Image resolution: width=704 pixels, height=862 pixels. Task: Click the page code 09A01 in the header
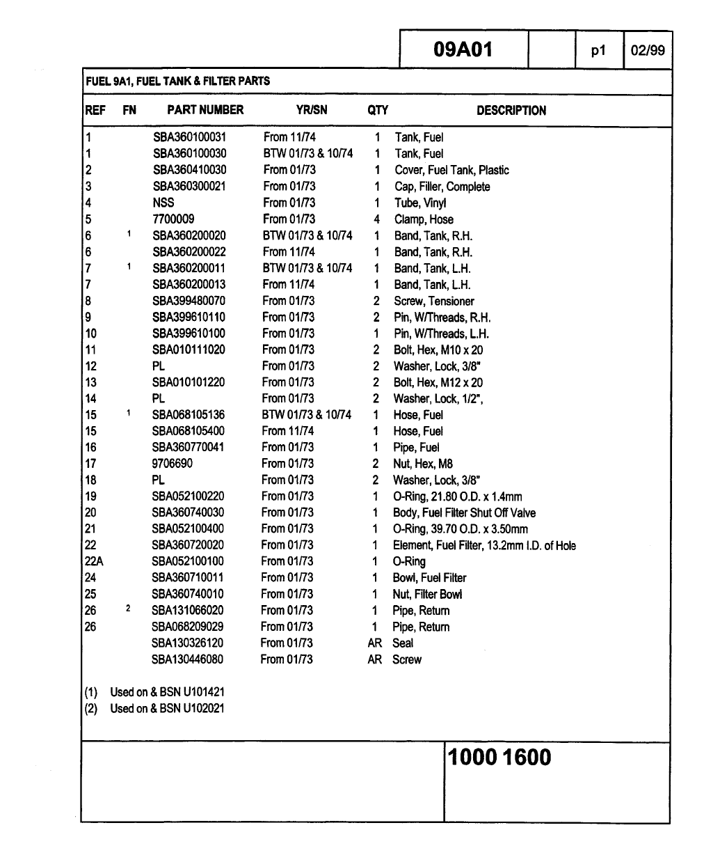coord(463,49)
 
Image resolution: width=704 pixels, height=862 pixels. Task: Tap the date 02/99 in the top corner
coord(647,50)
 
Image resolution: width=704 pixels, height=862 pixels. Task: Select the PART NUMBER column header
coord(205,110)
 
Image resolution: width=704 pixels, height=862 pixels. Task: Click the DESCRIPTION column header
coord(511,111)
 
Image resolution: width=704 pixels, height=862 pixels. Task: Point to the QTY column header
coord(378,110)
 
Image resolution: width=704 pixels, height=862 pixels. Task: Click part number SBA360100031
coord(189,137)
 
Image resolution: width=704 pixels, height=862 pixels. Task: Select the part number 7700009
coord(173,219)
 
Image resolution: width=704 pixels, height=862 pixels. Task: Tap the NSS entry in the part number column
coord(163,203)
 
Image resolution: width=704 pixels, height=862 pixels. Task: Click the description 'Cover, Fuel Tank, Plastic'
coord(451,170)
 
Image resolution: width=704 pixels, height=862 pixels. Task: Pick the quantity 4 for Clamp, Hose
coord(376,219)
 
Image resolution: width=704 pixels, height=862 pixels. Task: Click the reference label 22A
coord(93,561)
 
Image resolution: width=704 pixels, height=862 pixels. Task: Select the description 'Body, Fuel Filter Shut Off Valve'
coord(464,512)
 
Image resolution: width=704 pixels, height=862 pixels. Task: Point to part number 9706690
coord(173,464)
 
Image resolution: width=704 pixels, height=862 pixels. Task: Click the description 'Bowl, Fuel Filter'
coord(429,578)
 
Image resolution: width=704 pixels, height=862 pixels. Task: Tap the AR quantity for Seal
coord(375,643)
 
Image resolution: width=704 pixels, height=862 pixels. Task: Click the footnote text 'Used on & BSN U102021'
coord(167,709)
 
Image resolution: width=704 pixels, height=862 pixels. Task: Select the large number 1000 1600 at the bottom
coord(499,758)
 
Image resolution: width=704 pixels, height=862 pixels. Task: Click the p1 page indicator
coord(598,50)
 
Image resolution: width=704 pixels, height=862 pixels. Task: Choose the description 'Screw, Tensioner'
coord(433,301)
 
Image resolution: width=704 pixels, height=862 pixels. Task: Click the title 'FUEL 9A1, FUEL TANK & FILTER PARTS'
coord(177,81)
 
